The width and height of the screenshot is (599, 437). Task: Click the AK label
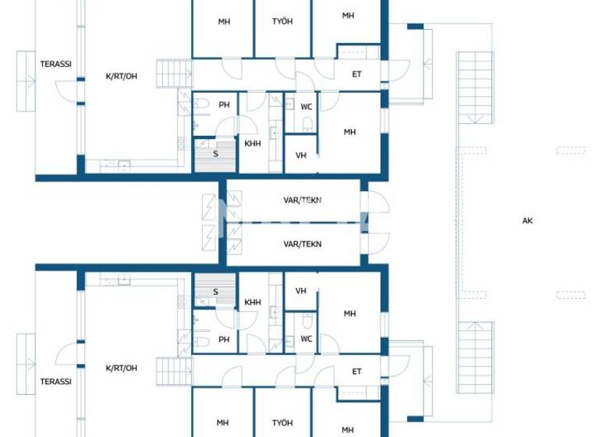tap(527, 221)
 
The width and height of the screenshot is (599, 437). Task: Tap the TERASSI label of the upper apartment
tap(56, 65)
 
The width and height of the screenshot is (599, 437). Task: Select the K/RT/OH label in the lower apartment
tap(121, 368)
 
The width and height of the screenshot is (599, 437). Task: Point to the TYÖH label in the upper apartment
tap(282, 22)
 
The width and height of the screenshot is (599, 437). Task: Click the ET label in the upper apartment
tap(356, 74)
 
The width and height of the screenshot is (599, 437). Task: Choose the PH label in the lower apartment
tap(224, 339)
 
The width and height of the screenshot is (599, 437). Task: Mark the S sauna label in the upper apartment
tap(215, 154)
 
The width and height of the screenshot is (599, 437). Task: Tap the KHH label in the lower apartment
tap(253, 302)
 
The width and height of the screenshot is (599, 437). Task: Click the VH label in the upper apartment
tap(300, 155)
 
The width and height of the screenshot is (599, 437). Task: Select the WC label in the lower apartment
tap(307, 339)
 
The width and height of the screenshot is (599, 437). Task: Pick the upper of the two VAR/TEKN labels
tap(302, 201)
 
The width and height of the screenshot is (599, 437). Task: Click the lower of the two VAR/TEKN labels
tap(302, 244)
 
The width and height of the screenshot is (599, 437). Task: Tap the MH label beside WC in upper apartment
tap(349, 132)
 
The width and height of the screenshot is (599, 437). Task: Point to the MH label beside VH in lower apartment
tap(349, 314)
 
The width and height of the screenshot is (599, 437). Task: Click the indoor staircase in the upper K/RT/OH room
tap(174, 74)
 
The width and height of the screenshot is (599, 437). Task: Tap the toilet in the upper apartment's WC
tap(307, 123)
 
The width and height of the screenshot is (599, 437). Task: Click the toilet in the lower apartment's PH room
tap(201, 341)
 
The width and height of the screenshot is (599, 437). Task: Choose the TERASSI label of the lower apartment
tap(56, 382)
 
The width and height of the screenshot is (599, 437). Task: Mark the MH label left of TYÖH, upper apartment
tap(224, 22)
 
